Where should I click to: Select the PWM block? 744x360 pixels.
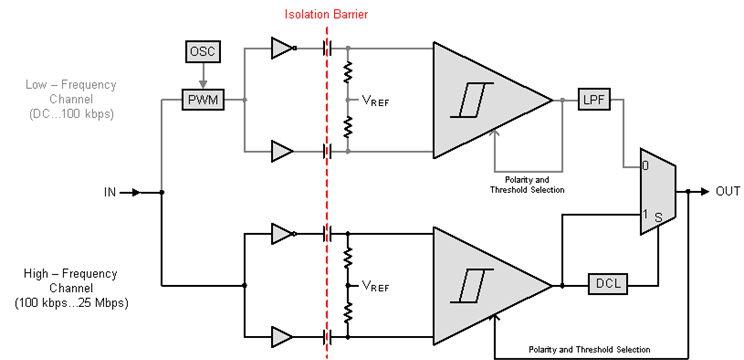pos(201,100)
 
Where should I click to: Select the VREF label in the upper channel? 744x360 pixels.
pos(374,101)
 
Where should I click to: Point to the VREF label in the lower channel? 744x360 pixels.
pos(374,285)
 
